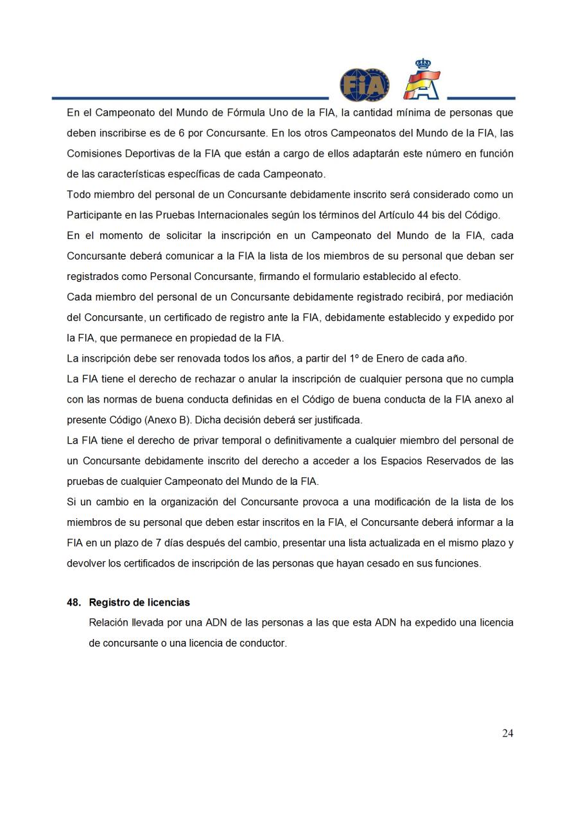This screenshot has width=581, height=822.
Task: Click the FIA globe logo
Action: point(364,85)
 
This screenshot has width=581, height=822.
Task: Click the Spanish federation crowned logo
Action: point(422,80)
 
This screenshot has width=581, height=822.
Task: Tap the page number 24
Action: point(507,733)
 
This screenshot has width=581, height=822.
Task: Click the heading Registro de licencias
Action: point(139,602)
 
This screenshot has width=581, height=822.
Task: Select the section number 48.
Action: point(74,602)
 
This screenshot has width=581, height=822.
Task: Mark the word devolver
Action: point(86,563)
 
